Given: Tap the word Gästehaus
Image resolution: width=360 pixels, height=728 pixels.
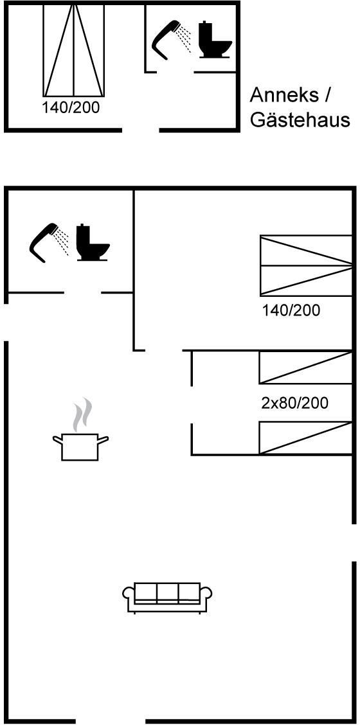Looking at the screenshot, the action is click(x=300, y=120).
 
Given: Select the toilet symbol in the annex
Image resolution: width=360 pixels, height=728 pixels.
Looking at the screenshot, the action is click(x=215, y=40).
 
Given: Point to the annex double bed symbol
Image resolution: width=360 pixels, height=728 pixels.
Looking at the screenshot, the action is click(x=74, y=50).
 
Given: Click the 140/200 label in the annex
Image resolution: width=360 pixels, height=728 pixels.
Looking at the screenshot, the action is click(x=71, y=108).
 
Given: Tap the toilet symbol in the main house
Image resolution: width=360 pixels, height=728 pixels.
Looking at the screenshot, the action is click(x=93, y=242).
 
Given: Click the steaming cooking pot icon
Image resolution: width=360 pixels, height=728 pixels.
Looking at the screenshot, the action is click(x=80, y=446).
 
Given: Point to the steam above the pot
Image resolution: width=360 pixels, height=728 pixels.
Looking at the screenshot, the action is click(x=82, y=414).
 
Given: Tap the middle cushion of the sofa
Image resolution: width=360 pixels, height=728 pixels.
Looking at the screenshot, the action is click(x=167, y=592).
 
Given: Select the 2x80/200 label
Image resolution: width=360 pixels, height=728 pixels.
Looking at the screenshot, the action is click(x=294, y=403).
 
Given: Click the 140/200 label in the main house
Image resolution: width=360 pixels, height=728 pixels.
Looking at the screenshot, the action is click(x=291, y=310).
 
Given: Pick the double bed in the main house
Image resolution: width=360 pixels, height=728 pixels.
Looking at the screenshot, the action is click(x=305, y=265).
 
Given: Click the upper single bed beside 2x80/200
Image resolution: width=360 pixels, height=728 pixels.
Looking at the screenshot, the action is click(x=305, y=368).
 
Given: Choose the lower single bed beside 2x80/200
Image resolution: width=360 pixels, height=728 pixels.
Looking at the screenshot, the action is click(x=305, y=438).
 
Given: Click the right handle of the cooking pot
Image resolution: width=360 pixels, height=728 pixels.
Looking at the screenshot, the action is click(x=103, y=439).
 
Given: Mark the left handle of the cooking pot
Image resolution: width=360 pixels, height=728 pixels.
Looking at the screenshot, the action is click(x=58, y=439).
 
